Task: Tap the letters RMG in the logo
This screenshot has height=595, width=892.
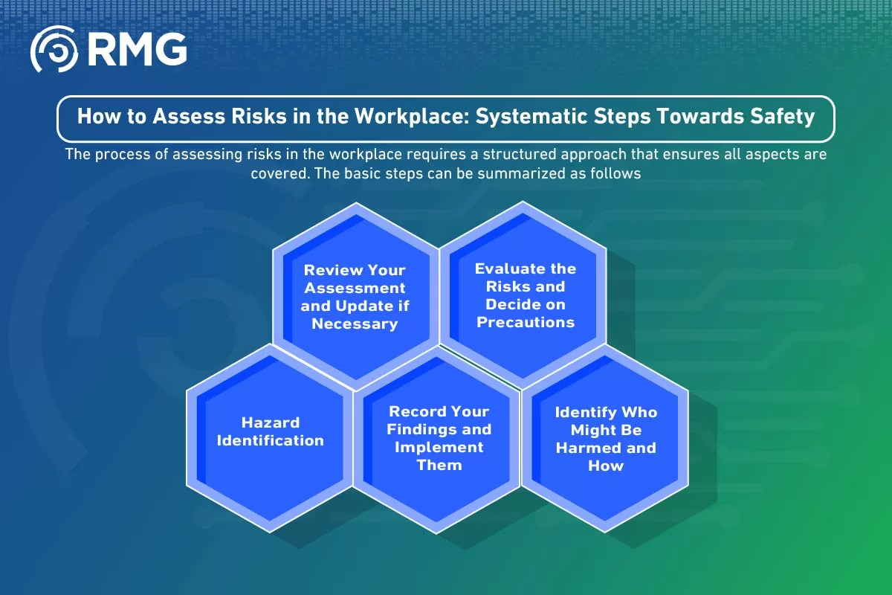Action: [x=138, y=49]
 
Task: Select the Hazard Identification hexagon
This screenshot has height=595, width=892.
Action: [x=270, y=438]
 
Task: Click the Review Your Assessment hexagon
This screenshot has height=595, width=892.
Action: [x=355, y=296]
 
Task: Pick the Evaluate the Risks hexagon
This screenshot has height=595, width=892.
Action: [x=523, y=295]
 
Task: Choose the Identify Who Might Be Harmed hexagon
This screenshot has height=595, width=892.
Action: [x=605, y=438]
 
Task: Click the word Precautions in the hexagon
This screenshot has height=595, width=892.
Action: [x=526, y=322]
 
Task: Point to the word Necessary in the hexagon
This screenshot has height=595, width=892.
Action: [x=355, y=324]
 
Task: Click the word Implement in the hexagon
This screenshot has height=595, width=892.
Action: [x=439, y=448]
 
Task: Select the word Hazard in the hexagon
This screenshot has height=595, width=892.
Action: [x=271, y=422]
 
